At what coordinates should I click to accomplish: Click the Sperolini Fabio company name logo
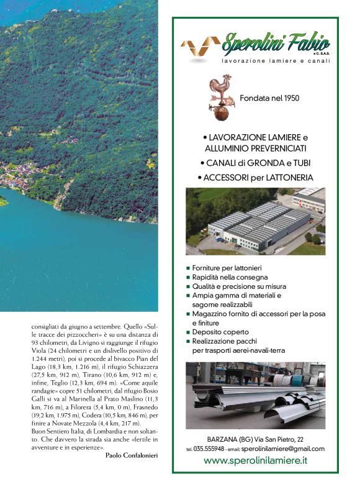(276, 44)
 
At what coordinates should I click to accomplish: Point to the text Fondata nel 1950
(269, 98)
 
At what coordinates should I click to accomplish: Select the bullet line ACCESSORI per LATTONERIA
(255, 177)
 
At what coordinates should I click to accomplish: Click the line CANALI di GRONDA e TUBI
(255, 163)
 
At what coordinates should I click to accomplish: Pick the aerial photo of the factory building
(255, 221)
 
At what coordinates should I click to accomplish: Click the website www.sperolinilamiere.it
(255, 460)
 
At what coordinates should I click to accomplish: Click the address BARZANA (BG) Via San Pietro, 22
(255, 439)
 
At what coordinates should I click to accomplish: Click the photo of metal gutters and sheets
(255, 395)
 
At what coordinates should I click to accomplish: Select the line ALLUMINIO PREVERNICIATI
(255, 149)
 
